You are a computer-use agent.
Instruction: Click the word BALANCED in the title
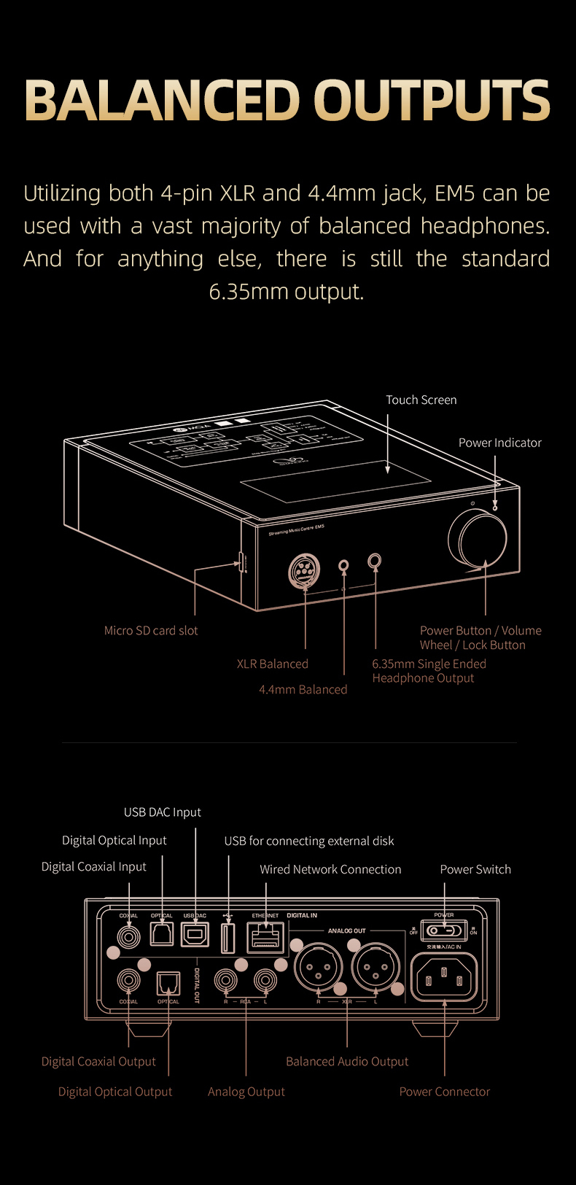pos(162,100)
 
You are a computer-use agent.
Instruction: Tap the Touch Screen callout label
pos(421,400)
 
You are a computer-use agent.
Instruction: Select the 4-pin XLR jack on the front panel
pos(304,570)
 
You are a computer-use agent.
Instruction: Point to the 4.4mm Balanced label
pos(303,689)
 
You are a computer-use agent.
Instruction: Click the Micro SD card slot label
pos(151,631)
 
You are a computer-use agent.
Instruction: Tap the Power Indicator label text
pos(499,443)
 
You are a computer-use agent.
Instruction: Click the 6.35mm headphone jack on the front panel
pos(375,562)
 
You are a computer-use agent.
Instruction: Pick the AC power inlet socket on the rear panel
pos(445,977)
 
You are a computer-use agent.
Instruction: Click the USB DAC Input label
pos(162,812)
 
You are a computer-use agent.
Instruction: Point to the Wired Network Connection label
pos(330,869)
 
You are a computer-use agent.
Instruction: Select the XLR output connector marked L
pos(375,968)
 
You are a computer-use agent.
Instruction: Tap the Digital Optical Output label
pos(115,1092)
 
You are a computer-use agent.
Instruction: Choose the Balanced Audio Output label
pos(347,1062)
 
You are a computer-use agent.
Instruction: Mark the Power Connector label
pos(444,1092)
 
